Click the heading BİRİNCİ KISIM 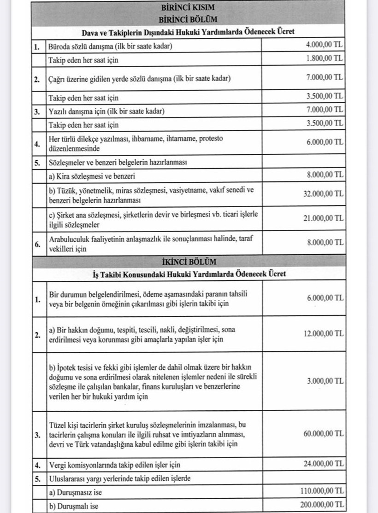coord(188,8)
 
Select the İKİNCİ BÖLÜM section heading coord(188,262)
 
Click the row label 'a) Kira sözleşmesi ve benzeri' coord(92,176)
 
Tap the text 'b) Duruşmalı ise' coord(74,505)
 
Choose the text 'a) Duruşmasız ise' coord(76,492)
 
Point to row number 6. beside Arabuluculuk coord(37,244)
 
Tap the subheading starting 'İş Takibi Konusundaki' coord(189,274)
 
